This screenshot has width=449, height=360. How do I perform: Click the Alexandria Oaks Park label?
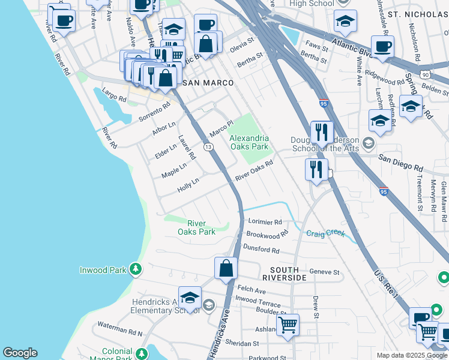click(249, 142)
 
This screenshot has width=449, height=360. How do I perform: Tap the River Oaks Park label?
click(196, 227)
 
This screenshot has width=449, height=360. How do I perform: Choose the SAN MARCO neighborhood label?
click(199, 82)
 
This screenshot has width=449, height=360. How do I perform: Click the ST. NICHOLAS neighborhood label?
click(418, 13)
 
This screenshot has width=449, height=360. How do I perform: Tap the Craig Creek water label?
click(326, 233)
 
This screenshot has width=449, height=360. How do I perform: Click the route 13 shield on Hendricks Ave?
click(208, 147)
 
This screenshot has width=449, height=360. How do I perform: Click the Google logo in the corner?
click(20, 353)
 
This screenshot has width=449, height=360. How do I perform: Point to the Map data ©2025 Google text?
click(411, 355)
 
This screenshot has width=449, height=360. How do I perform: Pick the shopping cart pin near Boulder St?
click(288, 325)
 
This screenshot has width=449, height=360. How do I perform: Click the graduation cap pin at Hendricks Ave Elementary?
click(190, 299)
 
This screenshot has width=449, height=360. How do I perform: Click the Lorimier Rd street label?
click(265, 221)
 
